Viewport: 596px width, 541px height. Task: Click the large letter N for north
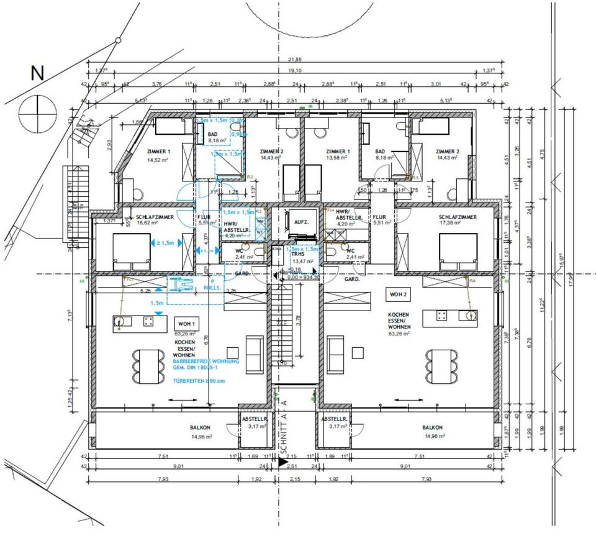(38, 73)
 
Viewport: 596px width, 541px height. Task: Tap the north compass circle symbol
(37, 112)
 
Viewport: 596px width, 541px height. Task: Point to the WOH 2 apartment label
(398, 293)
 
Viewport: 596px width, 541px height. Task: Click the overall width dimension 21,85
(295, 60)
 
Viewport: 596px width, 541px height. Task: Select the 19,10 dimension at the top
(295, 71)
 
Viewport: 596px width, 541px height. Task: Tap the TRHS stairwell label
(297, 254)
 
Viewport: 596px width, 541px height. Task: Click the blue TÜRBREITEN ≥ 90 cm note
(199, 380)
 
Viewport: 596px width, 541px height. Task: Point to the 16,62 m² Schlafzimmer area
(149, 224)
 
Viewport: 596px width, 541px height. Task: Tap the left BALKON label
(201, 428)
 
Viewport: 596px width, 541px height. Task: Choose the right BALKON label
(432, 428)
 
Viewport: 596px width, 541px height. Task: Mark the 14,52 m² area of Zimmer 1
(158, 160)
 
